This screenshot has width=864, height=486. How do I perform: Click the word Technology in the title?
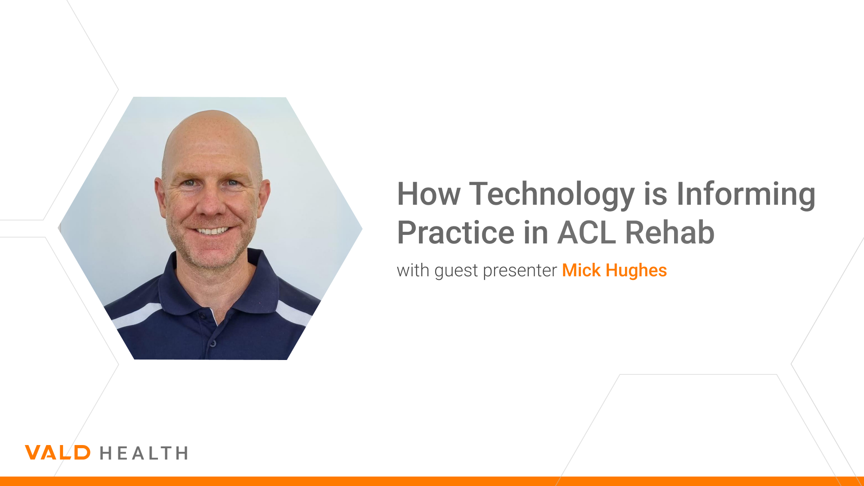point(552,194)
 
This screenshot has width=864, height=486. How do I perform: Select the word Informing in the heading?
point(746,194)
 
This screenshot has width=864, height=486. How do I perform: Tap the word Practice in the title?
point(455,233)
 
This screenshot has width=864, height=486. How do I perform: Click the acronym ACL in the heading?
point(586,233)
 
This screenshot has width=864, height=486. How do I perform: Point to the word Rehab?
point(670,233)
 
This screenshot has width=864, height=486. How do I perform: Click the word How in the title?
point(428,194)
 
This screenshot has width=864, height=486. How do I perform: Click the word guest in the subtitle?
point(456,271)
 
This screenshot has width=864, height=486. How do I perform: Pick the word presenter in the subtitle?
point(520,271)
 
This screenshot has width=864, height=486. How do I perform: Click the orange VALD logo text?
point(58,453)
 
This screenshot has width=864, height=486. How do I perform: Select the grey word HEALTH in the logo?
point(144,453)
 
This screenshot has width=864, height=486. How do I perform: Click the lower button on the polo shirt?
point(213,343)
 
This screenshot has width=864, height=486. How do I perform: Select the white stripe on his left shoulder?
point(293,313)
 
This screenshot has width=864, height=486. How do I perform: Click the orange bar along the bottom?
point(432,481)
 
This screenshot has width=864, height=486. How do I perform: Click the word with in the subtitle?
point(413,270)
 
